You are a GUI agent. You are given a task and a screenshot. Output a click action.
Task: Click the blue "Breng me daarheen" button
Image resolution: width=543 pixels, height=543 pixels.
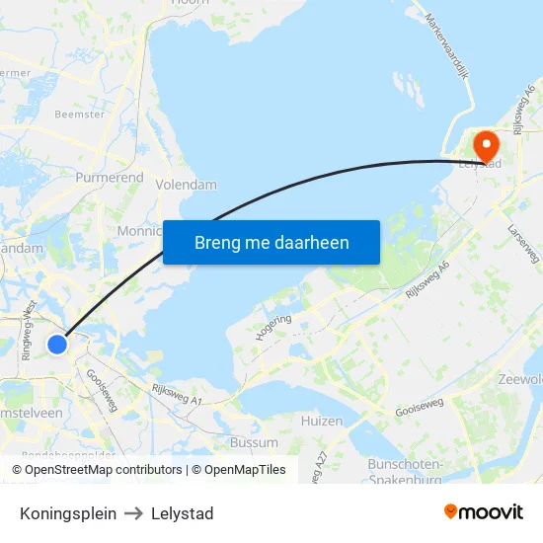click(x=271, y=242)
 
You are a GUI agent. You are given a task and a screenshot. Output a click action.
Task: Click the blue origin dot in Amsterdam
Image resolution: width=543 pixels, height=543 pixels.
click(x=57, y=345)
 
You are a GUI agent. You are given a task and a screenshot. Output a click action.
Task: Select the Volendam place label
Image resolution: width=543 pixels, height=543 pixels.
click(x=186, y=185)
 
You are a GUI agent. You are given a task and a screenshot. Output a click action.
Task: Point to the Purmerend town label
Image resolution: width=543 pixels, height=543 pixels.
click(x=110, y=179)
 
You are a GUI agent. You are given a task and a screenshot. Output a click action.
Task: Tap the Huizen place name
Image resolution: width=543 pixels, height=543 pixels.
click(x=322, y=422)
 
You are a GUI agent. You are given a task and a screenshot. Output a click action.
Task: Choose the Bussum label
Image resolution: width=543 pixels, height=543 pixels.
click(x=254, y=442)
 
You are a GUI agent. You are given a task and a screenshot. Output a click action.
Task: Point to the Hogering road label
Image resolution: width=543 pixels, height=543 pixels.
click(x=273, y=328)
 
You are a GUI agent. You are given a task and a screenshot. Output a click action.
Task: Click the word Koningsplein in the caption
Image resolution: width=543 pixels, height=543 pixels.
click(x=68, y=513)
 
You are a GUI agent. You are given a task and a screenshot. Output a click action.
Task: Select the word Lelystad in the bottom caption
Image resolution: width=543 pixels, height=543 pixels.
click(x=183, y=513)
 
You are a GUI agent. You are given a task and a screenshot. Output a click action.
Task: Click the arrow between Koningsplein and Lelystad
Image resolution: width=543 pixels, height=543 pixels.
click(x=134, y=513)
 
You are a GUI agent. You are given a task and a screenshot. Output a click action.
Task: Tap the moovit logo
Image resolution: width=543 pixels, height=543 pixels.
click(x=483, y=512)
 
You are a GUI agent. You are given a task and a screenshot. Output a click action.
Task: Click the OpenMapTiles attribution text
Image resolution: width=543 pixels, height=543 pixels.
click(x=239, y=470)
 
